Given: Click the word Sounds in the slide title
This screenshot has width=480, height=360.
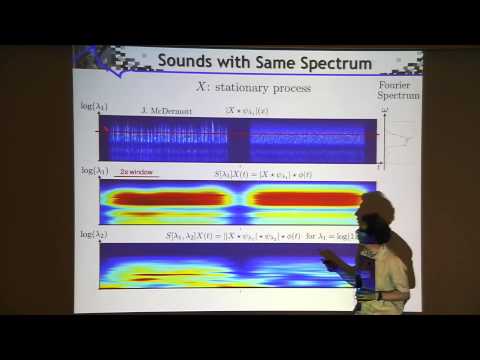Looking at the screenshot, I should pos(187,63).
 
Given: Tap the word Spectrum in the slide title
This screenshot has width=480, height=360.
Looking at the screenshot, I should pos(331,63).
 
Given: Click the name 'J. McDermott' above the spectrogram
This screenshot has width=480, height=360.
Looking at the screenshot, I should pos(162,108).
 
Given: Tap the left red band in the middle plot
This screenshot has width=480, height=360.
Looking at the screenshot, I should pos(165,198).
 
